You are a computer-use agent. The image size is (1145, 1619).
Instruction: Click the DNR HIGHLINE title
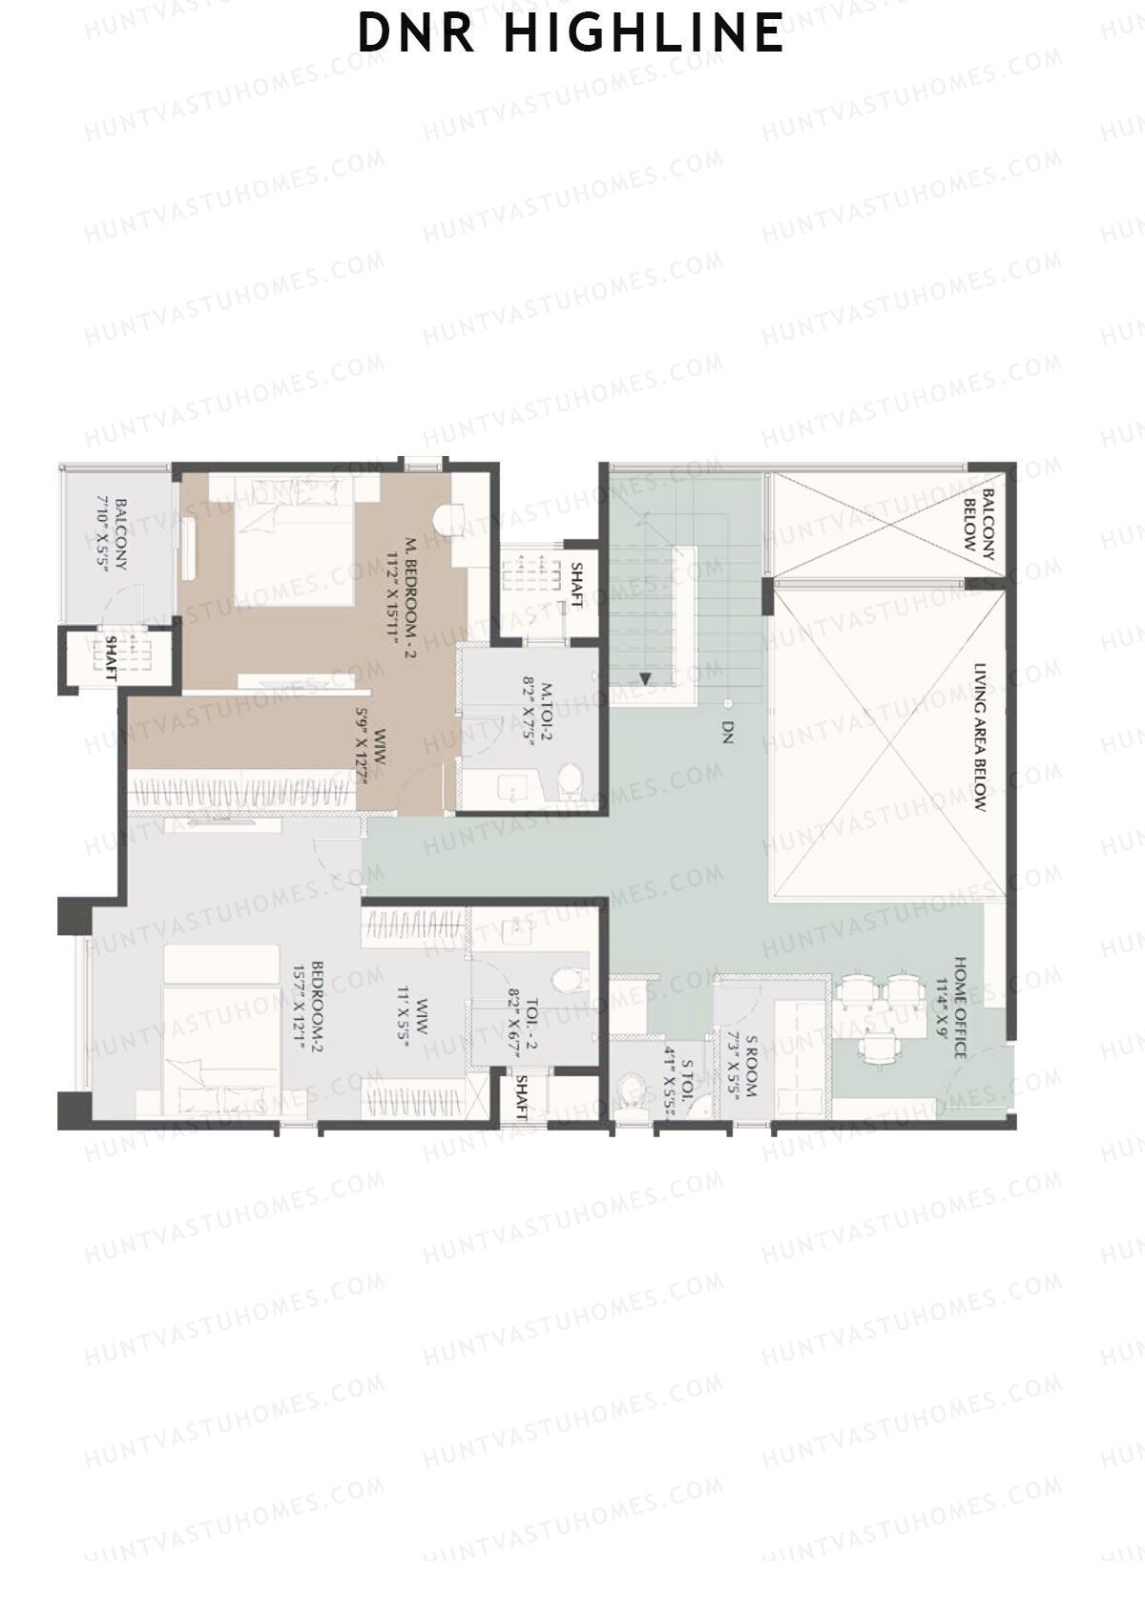pos(571,32)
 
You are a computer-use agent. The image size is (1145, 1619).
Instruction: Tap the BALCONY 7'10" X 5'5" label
pos(113,534)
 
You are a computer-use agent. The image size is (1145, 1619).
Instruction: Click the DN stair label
pos(727,733)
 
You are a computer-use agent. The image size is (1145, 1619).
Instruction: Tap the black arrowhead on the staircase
pos(645,679)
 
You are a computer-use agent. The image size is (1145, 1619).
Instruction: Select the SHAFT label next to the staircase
pos(576,584)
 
